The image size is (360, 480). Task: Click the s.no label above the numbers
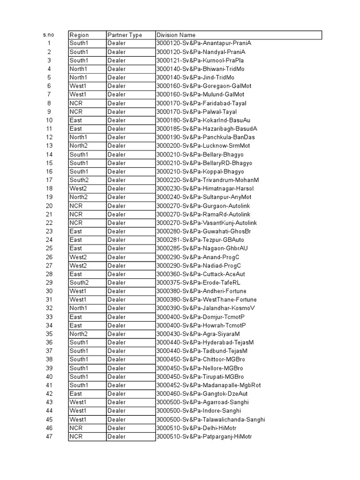(x=49, y=35)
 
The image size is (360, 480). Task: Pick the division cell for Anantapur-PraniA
(x=201, y=43)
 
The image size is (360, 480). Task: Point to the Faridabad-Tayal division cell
(x=201, y=103)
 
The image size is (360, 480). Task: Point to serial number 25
(x=49, y=248)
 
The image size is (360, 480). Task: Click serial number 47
(x=49, y=437)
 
